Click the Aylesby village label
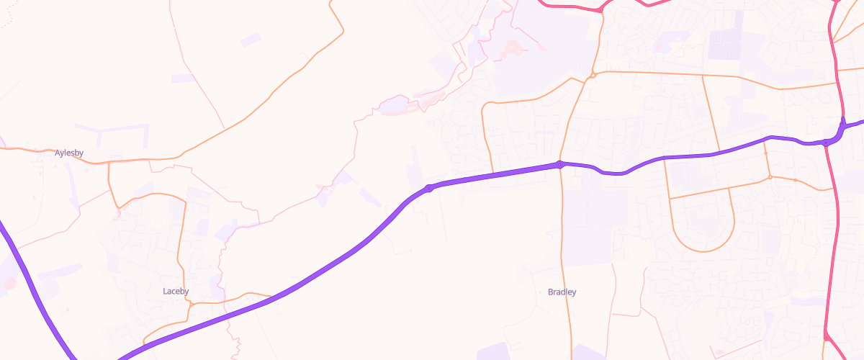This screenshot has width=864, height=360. [70, 153]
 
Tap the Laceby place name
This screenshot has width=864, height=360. [176, 292]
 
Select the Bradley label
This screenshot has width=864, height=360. [562, 292]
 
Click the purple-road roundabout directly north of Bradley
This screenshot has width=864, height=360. [560, 165]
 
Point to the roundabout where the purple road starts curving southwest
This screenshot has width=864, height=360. [429, 189]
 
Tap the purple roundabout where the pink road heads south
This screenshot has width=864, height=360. [826, 143]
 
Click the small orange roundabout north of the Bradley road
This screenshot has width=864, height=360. [592, 75]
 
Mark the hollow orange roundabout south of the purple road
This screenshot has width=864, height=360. [770, 177]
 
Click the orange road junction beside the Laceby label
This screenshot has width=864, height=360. [191, 304]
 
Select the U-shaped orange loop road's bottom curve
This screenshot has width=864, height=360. [703, 250]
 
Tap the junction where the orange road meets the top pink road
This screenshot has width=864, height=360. [600, 10]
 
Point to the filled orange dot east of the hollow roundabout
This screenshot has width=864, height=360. [795, 180]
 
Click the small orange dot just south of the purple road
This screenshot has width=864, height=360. [765, 153]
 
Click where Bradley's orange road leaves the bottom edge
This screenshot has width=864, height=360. [571, 357]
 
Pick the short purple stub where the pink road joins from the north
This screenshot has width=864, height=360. [842, 122]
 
